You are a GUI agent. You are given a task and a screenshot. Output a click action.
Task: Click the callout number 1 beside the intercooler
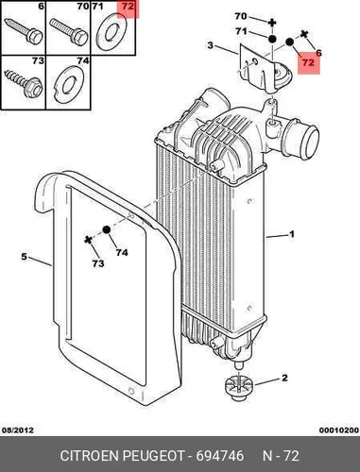(292, 234)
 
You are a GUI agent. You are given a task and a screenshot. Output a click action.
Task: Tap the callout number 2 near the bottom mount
(284, 378)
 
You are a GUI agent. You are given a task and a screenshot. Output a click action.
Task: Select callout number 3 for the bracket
(211, 45)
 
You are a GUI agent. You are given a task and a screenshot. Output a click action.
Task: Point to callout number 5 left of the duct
(25, 257)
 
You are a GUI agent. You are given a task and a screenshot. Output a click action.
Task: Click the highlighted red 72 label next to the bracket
(308, 62)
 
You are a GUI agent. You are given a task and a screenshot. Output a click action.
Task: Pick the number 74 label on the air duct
(122, 252)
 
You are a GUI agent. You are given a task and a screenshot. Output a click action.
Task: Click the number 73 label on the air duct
(97, 262)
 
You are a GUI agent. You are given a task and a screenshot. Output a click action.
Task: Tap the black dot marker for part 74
(107, 230)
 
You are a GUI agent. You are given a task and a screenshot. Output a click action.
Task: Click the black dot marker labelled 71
(272, 39)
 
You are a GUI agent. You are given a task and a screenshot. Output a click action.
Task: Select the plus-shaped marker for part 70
(272, 23)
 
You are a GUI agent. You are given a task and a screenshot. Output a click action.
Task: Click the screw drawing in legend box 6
(24, 31)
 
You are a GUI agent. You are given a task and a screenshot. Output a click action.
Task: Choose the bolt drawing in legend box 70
(69, 32)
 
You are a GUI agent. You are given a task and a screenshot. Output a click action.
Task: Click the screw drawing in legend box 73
(24, 83)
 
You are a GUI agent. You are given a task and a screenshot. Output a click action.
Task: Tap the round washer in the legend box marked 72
(111, 32)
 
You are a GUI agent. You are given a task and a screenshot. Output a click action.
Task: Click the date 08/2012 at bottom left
(18, 430)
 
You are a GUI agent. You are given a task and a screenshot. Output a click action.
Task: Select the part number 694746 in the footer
(220, 456)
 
